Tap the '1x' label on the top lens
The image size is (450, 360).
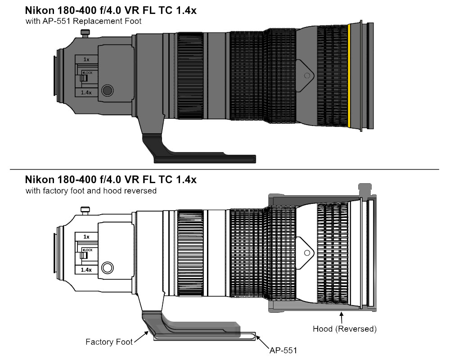(86, 59)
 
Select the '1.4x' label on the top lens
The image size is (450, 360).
(86, 92)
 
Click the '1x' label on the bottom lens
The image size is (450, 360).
(86, 236)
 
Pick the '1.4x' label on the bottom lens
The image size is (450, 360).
(86, 270)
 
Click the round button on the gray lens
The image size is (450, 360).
(107, 90)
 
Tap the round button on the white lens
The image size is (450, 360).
(107, 268)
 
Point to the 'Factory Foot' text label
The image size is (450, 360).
(109, 342)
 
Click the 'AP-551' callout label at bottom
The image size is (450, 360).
(283, 350)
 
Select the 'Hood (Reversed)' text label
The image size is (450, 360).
(344, 329)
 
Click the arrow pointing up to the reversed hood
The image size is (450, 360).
(342, 318)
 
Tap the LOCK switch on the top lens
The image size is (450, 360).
(84, 77)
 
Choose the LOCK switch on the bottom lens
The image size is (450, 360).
(84, 254)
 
